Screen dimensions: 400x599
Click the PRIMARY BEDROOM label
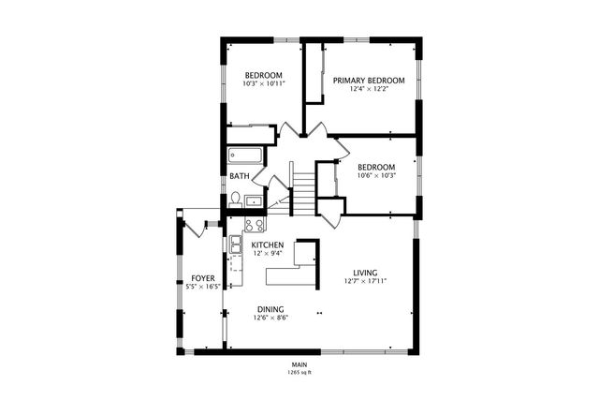(x=369, y=81)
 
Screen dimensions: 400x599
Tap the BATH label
(x=240, y=175)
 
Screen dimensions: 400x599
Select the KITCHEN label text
(x=267, y=245)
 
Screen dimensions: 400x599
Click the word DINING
(x=270, y=309)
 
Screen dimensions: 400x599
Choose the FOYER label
(x=204, y=278)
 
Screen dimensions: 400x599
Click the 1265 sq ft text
(x=299, y=373)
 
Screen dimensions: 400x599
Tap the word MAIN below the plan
(x=299, y=364)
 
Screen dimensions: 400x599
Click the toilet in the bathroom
(x=237, y=200)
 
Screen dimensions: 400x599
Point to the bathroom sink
(x=254, y=200)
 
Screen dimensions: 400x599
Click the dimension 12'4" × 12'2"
(x=369, y=91)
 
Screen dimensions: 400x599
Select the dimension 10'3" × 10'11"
(x=264, y=84)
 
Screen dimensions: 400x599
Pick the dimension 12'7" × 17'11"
(x=365, y=281)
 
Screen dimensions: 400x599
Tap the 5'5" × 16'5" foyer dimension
(x=204, y=288)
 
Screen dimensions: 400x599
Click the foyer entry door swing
(x=194, y=225)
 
